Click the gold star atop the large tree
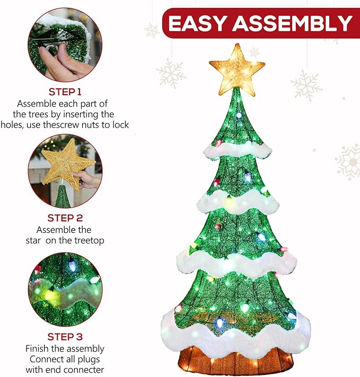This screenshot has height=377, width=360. point(237,69)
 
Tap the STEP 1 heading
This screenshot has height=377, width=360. point(65,92)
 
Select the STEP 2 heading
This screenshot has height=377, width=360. point(65,218)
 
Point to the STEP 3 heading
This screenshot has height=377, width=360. point(65,337)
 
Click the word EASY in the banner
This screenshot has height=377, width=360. point(197,23)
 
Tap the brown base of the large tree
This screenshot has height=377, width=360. point(235,360)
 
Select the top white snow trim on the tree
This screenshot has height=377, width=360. point(236,150)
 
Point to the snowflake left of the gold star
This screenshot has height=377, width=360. point(171,73)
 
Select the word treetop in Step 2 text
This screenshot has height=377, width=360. point(87,240)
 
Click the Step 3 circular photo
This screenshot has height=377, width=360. point(65,289)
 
